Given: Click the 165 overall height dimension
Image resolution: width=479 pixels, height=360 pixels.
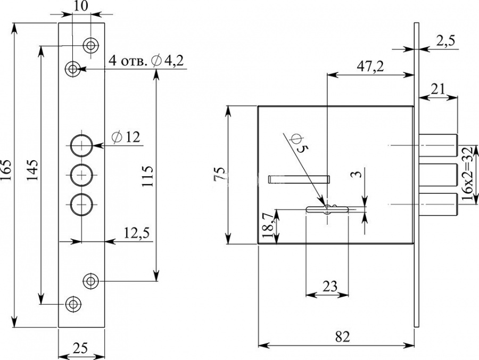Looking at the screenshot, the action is (7, 169).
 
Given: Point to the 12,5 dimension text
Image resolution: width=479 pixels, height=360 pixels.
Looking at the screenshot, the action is (137, 233).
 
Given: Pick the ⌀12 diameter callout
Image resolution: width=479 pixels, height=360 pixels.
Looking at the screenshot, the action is (126, 137).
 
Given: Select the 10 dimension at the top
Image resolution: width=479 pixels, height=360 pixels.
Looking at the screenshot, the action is (81, 6).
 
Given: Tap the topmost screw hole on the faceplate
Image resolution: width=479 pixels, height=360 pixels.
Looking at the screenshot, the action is (91, 46).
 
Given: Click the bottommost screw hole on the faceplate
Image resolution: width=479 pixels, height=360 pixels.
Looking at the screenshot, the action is (73, 304).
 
